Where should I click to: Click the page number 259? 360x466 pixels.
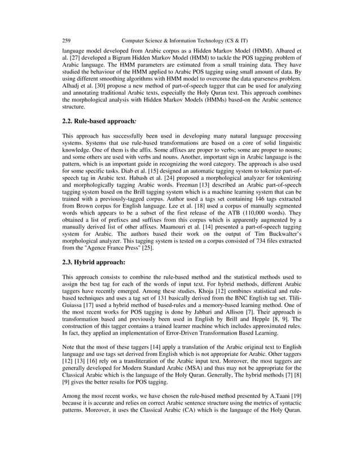tap(66, 41)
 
